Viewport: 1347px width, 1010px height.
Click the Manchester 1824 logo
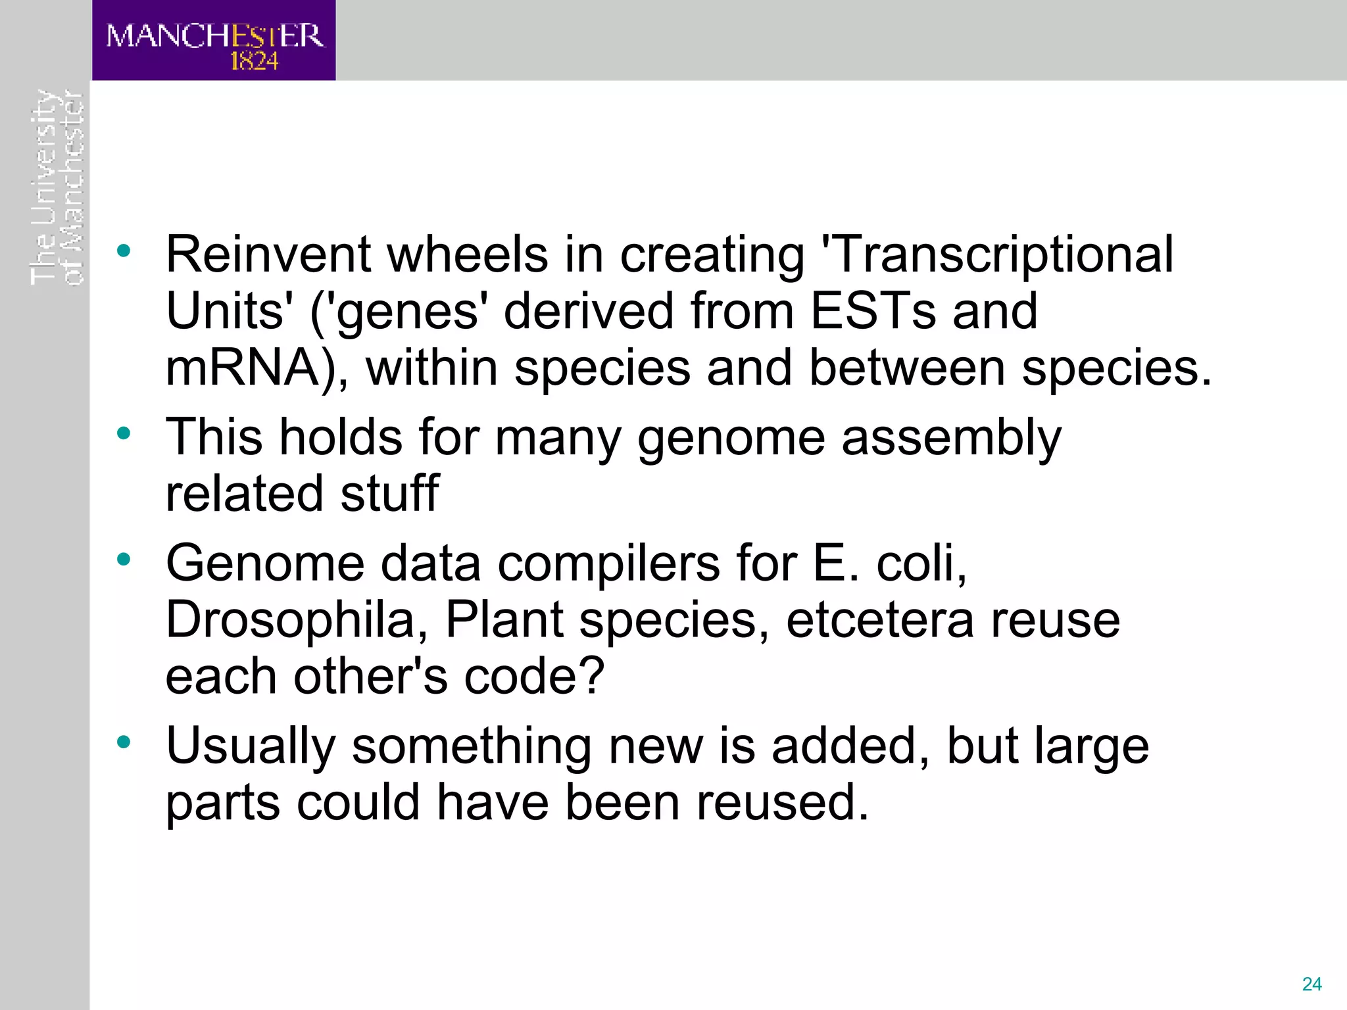(x=214, y=41)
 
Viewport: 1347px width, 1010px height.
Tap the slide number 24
(x=1311, y=984)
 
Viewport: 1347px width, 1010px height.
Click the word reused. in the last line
(x=783, y=803)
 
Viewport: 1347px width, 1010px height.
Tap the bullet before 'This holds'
(x=124, y=433)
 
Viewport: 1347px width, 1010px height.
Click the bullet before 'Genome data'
(x=124, y=560)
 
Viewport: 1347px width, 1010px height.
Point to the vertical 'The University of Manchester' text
(x=57, y=187)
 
